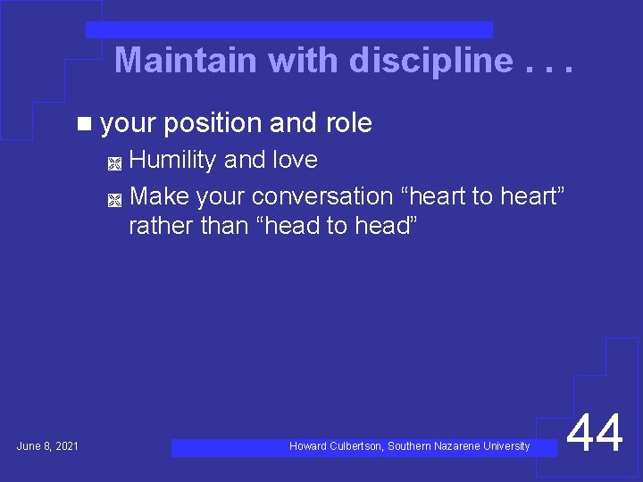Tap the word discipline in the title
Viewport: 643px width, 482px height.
pos(431,61)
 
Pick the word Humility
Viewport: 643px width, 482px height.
pos(172,161)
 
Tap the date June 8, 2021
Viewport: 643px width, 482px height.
pos(47,445)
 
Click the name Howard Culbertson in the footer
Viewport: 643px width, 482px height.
pos(336,445)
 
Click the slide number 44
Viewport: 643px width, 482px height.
pos(595,436)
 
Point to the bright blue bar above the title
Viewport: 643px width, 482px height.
pos(288,30)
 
